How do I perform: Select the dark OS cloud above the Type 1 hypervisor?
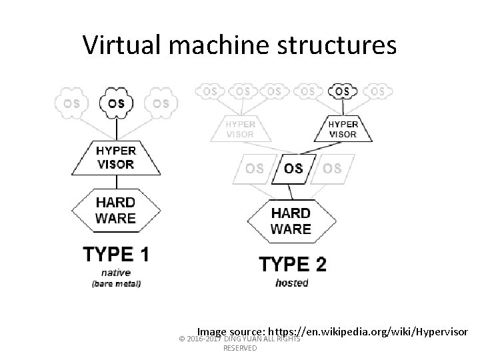(x=116, y=103)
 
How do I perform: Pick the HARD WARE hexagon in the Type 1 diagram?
(x=116, y=209)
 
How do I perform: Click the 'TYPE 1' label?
(x=116, y=254)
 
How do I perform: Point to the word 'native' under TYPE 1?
(x=116, y=272)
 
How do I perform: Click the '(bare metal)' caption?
(x=116, y=283)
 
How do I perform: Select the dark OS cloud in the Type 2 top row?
(x=343, y=91)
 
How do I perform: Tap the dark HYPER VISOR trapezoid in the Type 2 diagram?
(x=343, y=128)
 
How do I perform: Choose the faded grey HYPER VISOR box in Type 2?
(x=240, y=128)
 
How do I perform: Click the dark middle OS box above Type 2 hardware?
(x=293, y=168)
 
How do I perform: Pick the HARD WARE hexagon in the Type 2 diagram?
(x=291, y=221)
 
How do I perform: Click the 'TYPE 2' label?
(x=292, y=265)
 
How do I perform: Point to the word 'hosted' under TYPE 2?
(x=292, y=283)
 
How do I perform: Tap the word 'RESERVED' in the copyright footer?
(x=240, y=348)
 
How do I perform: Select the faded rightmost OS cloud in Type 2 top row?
(x=377, y=91)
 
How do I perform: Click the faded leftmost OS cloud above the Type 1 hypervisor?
(x=71, y=103)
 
